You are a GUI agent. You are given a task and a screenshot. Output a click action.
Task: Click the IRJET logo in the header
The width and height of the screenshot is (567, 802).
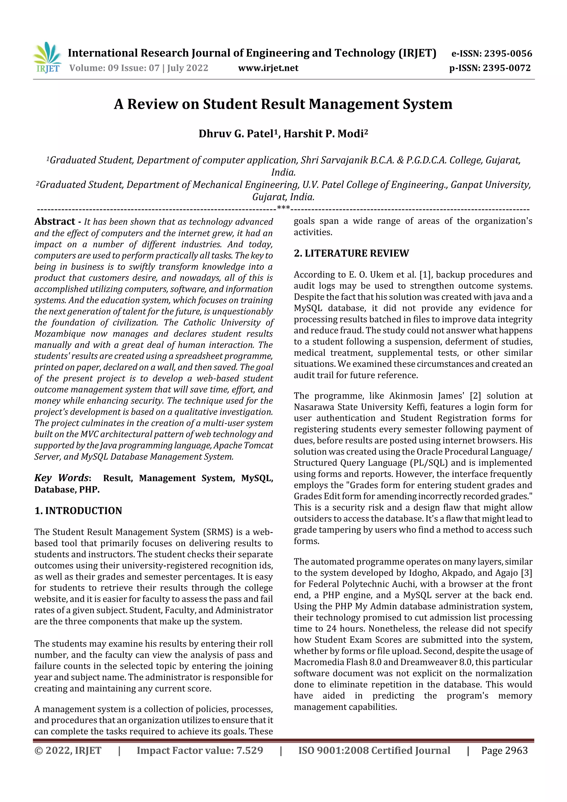tap(47, 57)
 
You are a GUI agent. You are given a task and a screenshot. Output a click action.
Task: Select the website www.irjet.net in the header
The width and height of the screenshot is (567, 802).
tap(268, 68)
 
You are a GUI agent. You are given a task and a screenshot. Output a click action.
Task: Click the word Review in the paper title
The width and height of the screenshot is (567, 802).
tap(152, 104)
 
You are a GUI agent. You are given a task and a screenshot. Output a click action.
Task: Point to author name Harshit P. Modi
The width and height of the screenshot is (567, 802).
tap(325, 134)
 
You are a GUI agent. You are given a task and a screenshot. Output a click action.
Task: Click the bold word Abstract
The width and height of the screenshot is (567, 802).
tap(55, 221)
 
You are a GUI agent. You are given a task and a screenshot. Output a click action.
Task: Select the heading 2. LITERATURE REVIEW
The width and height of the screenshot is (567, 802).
tap(351, 253)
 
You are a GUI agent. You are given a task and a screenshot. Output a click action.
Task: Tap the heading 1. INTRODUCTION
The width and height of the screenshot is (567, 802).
tap(78, 511)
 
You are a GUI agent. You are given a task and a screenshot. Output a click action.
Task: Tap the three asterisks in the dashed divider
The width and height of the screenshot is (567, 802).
tap(283, 208)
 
